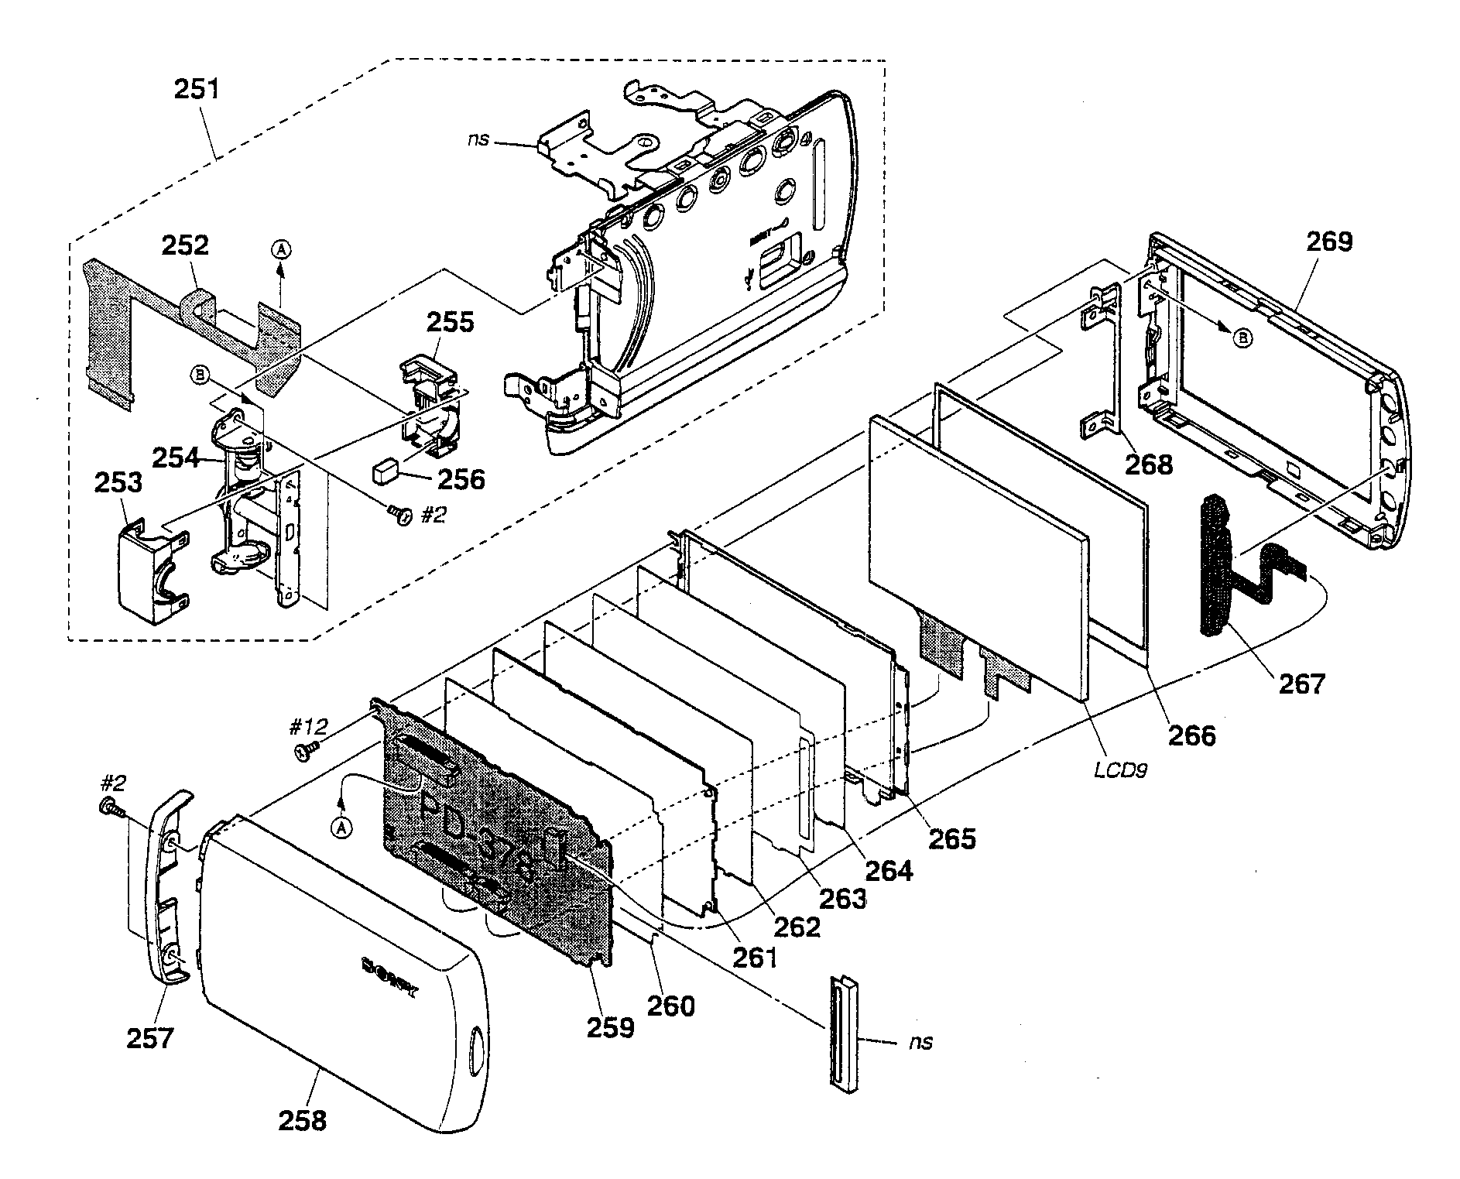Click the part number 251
197,90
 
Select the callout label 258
302,1120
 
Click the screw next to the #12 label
307,750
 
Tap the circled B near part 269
1242,338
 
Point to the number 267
1302,684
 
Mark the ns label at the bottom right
921,1043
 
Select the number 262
798,927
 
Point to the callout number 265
952,838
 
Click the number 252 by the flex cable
185,245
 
